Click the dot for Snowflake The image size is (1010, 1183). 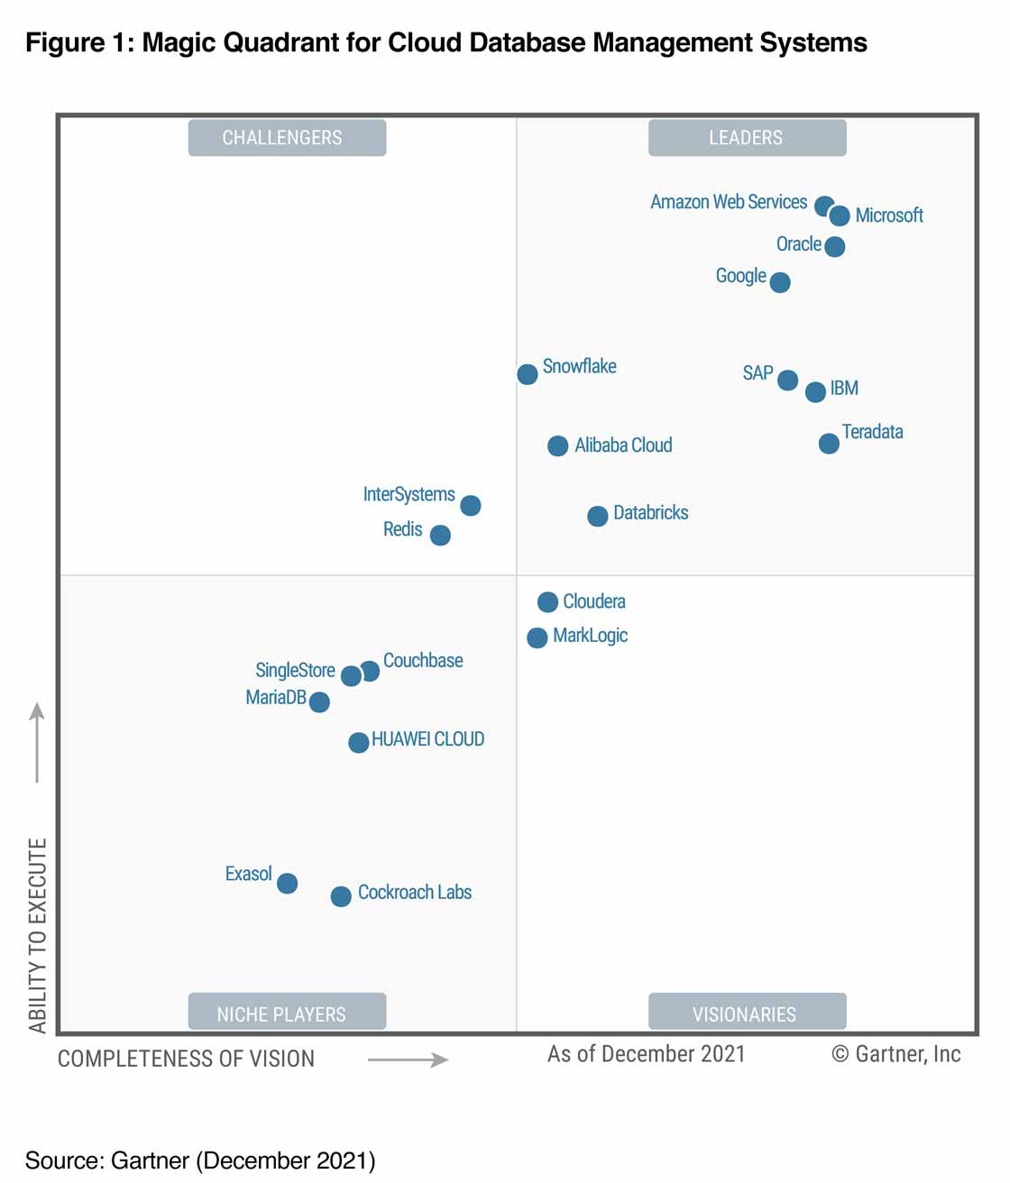[x=528, y=374]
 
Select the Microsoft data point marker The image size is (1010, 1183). [x=840, y=216]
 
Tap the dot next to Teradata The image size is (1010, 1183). [x=829, y=444]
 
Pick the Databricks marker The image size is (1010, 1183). [x=598, y=516]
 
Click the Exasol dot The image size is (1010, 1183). [x=288, y=883]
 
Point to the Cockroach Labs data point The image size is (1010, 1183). [x=341, y=896]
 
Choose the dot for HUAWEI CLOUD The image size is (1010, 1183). [x=359, y=742]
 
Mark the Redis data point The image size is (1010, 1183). [x=440, y=536]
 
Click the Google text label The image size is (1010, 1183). [x=740, y=276]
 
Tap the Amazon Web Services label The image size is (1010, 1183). [x=729, y=202]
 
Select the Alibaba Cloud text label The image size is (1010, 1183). [x=623, y=445]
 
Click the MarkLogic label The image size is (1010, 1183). [x=590, y=636]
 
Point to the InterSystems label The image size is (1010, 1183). [x=409, y=494]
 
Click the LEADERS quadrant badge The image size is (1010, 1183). [x=747, y=138]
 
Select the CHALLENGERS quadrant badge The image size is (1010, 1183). [x=287, y=138]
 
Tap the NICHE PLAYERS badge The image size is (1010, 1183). [x=287, y=1013]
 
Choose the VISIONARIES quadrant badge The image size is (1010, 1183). [x=747, y=1013]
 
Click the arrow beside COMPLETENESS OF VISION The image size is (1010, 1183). [x=408, y=1059]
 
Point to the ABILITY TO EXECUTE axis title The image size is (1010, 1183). [x=37, y=935]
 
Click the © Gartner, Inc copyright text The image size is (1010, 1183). [x=896, y=1054]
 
